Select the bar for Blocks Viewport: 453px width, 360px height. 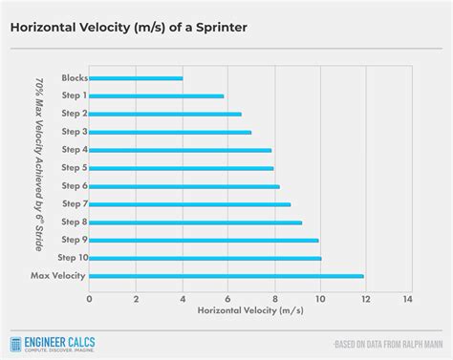coord(136,78)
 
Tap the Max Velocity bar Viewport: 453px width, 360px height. coord(226,276)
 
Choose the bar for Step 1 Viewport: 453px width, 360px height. coord(157,95)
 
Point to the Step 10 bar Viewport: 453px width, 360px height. coord(205,258)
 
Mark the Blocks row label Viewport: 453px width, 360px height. coord(75,78)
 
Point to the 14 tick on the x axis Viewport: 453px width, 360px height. coord(408,299)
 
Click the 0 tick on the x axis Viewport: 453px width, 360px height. coord(89,299)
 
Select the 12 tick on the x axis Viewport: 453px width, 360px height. coord(363,299)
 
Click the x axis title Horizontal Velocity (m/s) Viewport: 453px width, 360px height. coord(249,312)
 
